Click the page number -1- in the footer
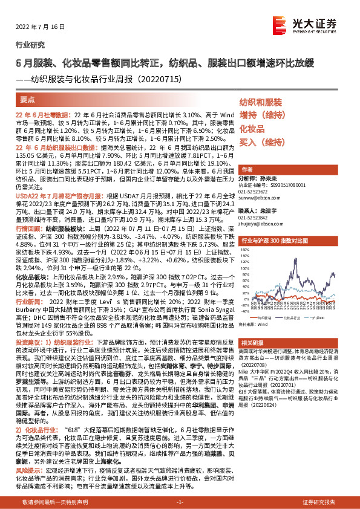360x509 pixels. [x=180, y=502]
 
